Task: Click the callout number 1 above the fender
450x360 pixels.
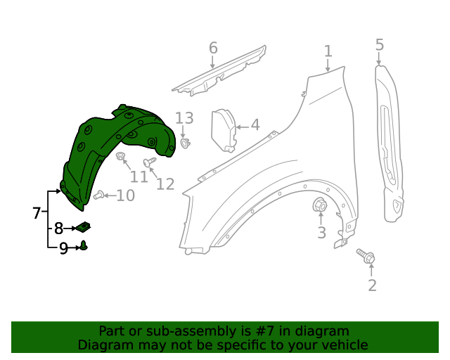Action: (x=328, y=51)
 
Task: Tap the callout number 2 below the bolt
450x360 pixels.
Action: (x=372, y=285)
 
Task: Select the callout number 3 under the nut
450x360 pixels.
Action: (x=321, y=233)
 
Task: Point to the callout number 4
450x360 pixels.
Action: (x=255, y=125)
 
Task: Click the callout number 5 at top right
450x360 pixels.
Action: (x=380, y=45)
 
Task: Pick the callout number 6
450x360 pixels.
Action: (x=212, y=48)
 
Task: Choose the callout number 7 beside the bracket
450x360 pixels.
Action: (x=37, y=213)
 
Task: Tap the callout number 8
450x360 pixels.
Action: (x=58, y=228)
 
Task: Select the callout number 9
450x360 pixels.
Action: (x=63, y=247)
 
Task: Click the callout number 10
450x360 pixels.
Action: (x=125, y=195)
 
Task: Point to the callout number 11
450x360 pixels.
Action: (x=139, y=176)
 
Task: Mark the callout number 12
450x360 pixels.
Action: (x=165, y=184)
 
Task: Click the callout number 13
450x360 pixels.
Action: (x=184, y=117)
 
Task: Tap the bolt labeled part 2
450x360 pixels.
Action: (x=366, y=256)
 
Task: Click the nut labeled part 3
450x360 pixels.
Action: (x=319, y=206)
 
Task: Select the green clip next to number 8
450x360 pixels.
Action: (x=84, y=227)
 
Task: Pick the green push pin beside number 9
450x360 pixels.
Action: (x=84, y=246)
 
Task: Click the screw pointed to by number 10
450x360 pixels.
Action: (x=98, y=195)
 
